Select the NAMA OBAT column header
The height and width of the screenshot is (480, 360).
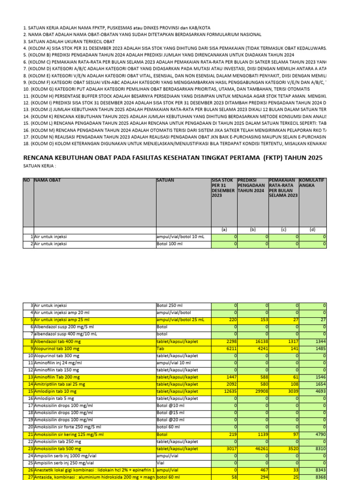47,180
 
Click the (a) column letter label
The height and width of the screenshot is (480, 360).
224,230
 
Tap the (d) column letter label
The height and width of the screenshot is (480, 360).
312,230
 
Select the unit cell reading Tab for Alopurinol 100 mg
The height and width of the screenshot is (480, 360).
160,349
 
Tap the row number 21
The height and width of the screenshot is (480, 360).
30,434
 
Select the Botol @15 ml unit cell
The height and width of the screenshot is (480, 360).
171,413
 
